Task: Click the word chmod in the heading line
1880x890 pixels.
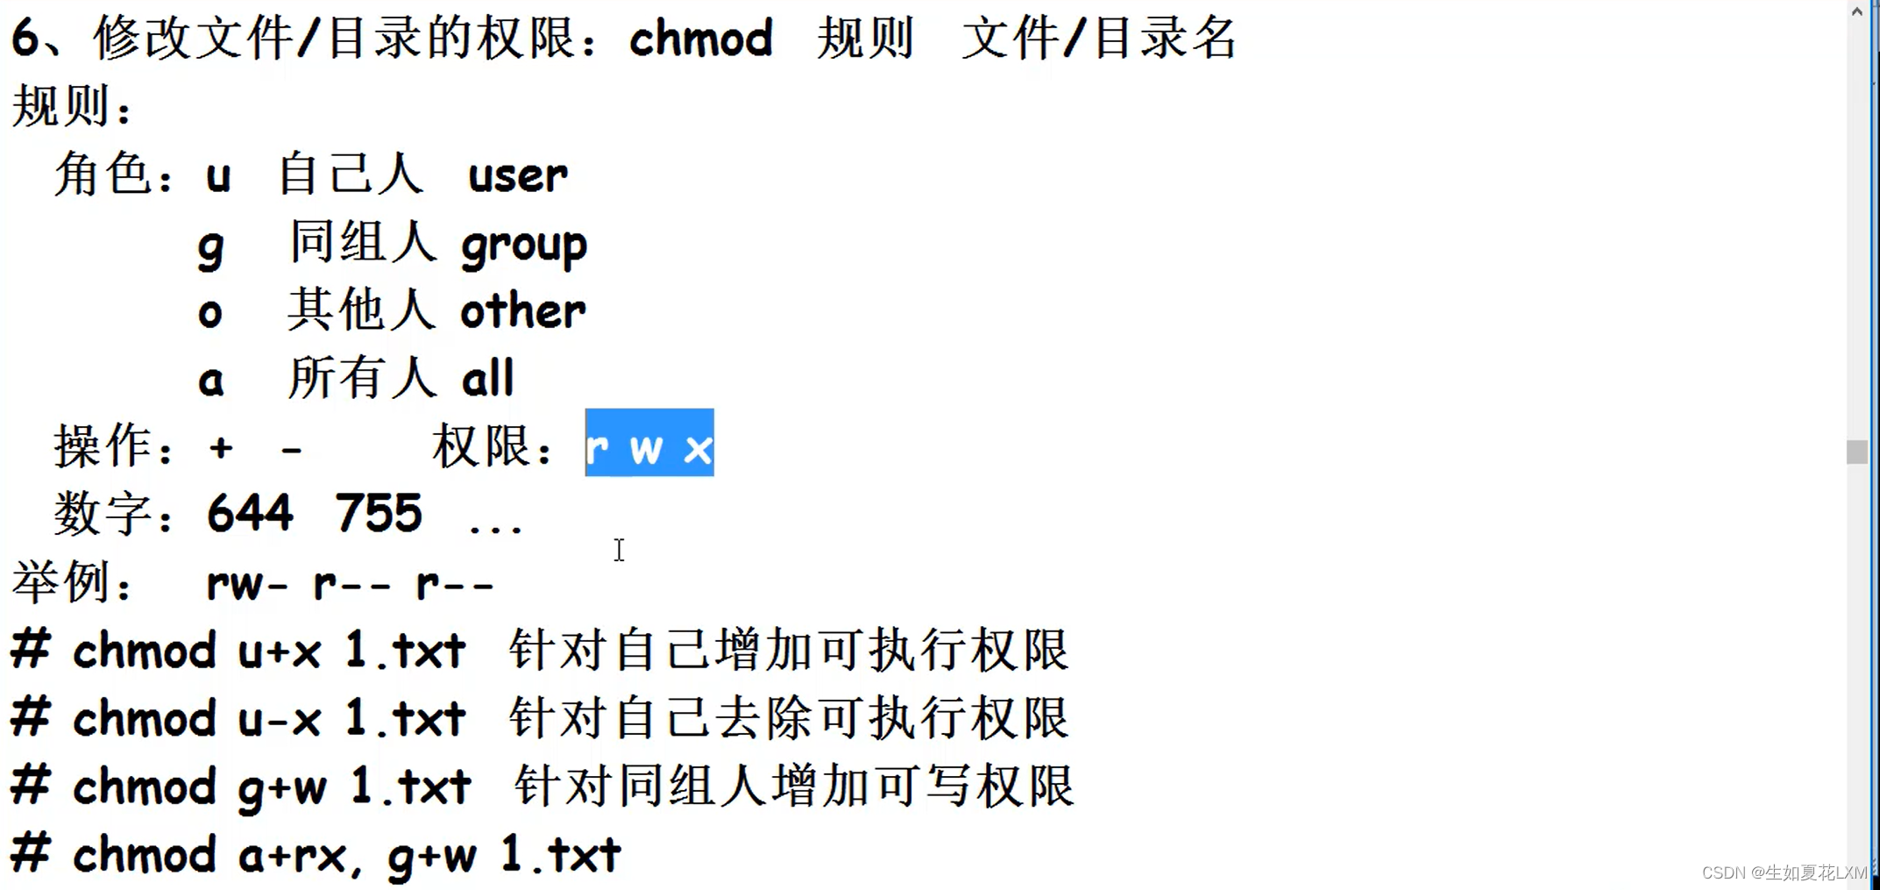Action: pos(700,39)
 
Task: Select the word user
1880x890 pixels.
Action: pos(517,175)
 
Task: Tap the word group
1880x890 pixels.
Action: pos(524,246)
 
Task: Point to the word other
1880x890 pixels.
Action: pos(523,311)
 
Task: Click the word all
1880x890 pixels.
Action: pos(487,379)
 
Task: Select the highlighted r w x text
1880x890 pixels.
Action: pos(649,445)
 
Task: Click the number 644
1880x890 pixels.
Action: pos(250,513)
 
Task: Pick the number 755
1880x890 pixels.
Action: pos(379,513)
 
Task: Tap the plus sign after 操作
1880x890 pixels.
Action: pos(221,448)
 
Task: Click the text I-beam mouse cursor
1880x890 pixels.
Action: pos(619,550)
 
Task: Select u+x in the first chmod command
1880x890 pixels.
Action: pos(280,651)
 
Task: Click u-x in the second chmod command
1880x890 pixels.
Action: pos(280,719)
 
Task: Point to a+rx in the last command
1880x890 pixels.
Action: pos(294,855)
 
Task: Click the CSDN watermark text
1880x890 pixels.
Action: pos(1784,872)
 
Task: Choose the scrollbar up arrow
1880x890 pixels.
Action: pos(1856,11)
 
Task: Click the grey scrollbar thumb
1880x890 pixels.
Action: pos(1856,452)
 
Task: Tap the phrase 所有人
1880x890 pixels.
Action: pos(361,379)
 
